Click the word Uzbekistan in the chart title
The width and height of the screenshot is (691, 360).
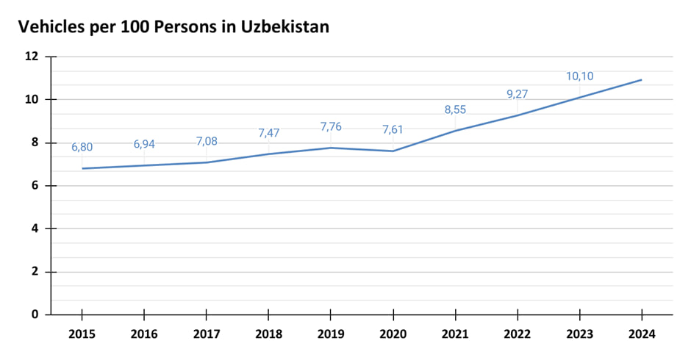284,26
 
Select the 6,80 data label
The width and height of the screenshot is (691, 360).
82,148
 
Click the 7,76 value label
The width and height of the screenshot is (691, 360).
332,127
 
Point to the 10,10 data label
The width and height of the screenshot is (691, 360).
580,76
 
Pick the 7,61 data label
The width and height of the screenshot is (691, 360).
393,130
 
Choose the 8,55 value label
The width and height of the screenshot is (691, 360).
456,110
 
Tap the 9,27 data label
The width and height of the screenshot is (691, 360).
518,94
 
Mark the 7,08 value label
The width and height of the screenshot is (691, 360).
207,141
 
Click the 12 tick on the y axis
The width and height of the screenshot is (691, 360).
32,57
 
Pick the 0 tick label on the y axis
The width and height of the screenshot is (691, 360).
35,314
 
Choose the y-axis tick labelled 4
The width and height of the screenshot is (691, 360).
35,228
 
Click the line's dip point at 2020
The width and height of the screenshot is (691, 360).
393,151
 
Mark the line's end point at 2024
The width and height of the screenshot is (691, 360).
642,80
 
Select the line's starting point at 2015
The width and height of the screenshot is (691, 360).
82,168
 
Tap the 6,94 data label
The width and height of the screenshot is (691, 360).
144,145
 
